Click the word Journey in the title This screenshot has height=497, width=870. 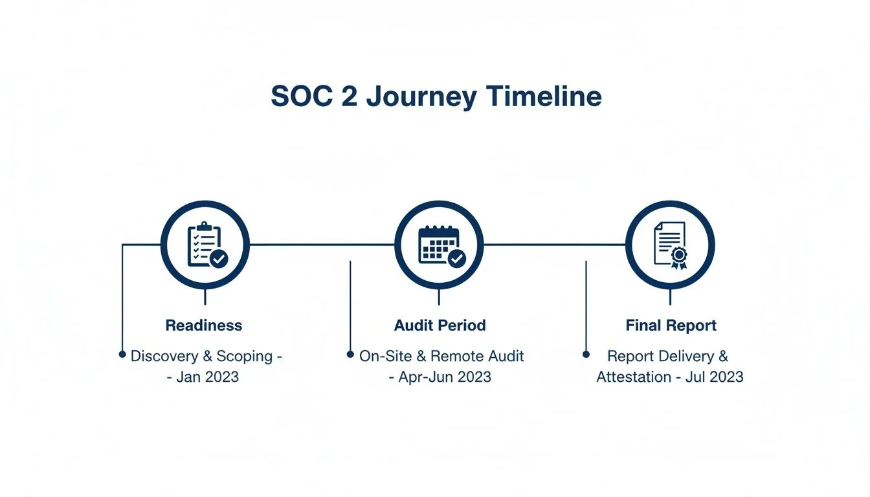point(421,97)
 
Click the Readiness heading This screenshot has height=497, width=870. point(204,325)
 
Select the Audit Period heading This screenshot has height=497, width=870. point(440,325)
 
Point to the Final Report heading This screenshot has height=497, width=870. point(671,325)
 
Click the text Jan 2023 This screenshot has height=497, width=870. point(207,377)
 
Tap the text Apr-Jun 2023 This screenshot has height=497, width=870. point(444,377)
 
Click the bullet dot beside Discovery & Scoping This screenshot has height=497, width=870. point(122,355)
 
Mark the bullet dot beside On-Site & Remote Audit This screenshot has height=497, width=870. point(350,355)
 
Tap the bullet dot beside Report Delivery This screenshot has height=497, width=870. point(586,355)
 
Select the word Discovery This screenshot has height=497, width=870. point(164,356)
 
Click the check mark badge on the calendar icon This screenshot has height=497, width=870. point(457,259)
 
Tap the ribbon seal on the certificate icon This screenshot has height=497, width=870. point(678,256)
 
